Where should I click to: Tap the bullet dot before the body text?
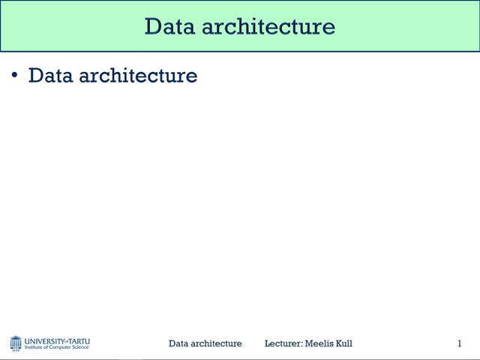tap(14, 74)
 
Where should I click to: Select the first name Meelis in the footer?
tap(318, 343)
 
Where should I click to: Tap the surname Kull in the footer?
tap(343, 343)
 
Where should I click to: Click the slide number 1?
tap(459, 343)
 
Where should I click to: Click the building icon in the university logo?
tap(16, 343)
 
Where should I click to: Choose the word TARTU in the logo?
tap(79, 340)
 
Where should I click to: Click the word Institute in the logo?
tap(34, 348)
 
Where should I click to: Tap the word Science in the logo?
tap(81, 348)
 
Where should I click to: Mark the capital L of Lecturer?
tap(268, 343)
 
